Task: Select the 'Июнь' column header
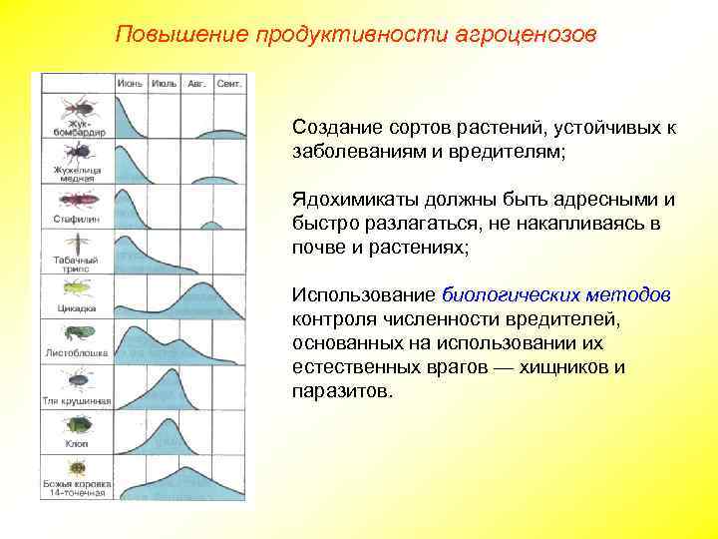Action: click(x=131, y=84)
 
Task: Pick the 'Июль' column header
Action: click(x=165, y=84)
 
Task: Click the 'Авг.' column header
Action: click(x=197, y=84)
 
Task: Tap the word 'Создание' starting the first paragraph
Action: click(x=332, y=129)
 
